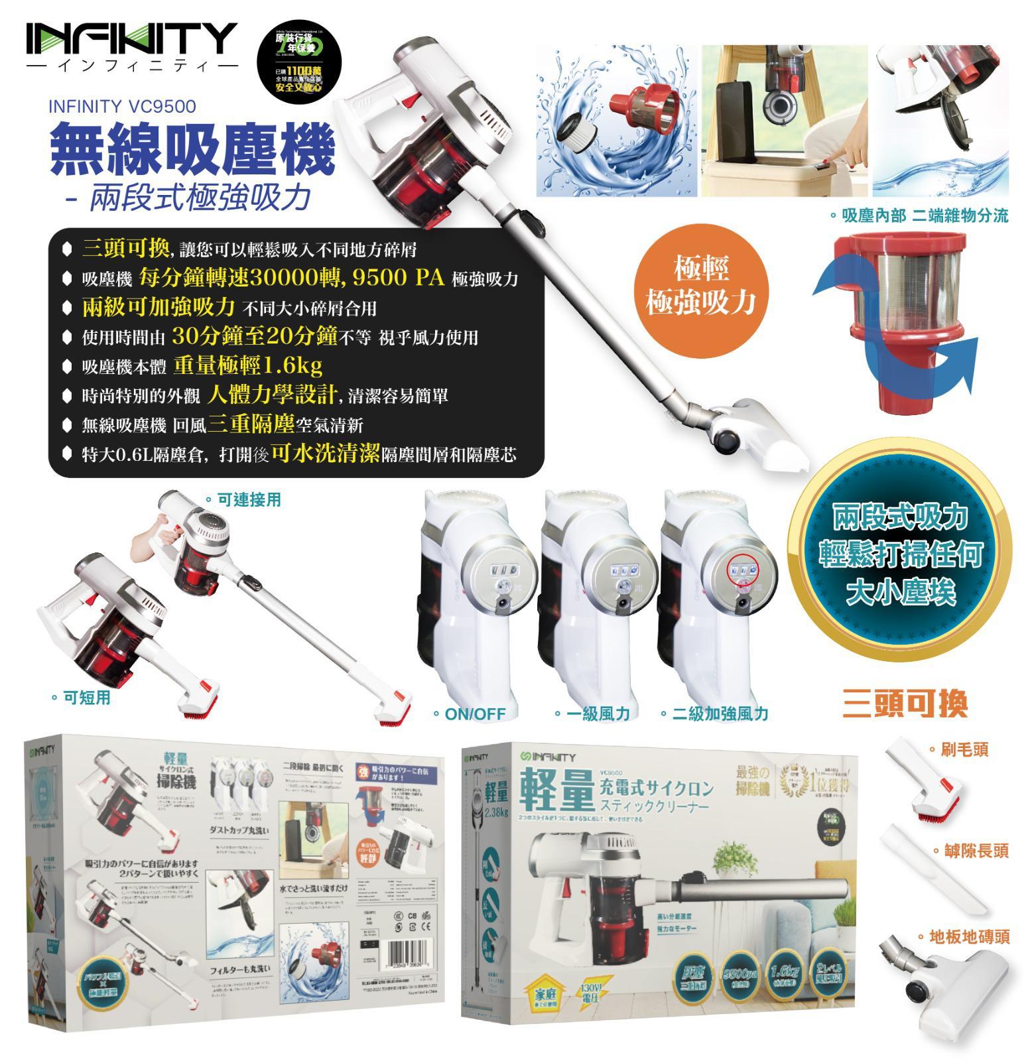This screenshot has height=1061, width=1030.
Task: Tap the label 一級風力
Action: click(598, 714)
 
